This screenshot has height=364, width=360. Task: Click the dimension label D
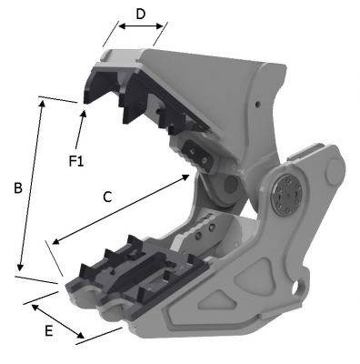[140, 14]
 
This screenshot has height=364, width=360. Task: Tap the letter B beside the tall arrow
[18, 188]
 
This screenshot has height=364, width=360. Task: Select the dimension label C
[107, 197]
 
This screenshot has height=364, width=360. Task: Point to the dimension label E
[49, 331]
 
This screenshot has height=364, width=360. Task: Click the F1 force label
[76, 161]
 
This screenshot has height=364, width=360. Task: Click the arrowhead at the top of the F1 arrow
[84, 114]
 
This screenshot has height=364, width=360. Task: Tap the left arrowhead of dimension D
[122, 26]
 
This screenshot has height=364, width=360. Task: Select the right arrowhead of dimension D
[160, 26]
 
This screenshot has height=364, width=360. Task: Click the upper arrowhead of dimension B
[42, 103]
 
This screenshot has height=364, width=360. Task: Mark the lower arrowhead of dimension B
[20, 267]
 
